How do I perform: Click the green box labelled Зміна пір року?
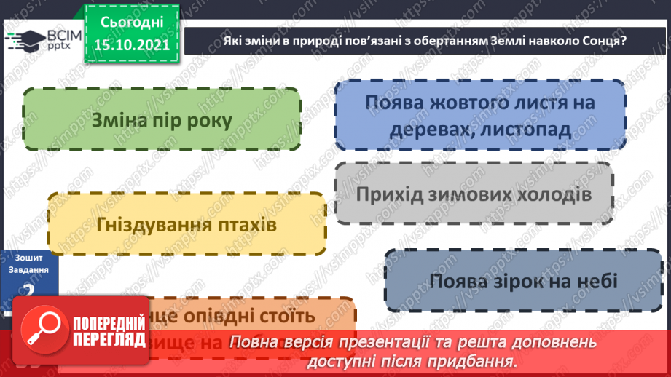pos(162,119)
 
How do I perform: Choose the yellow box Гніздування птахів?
pos(186,224)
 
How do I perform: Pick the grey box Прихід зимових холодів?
pos(474,194)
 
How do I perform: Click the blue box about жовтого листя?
pos(480,115)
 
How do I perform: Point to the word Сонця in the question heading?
pos(600,41)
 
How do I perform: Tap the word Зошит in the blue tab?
pos(29,258)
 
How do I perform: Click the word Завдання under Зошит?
pos(29,269)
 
